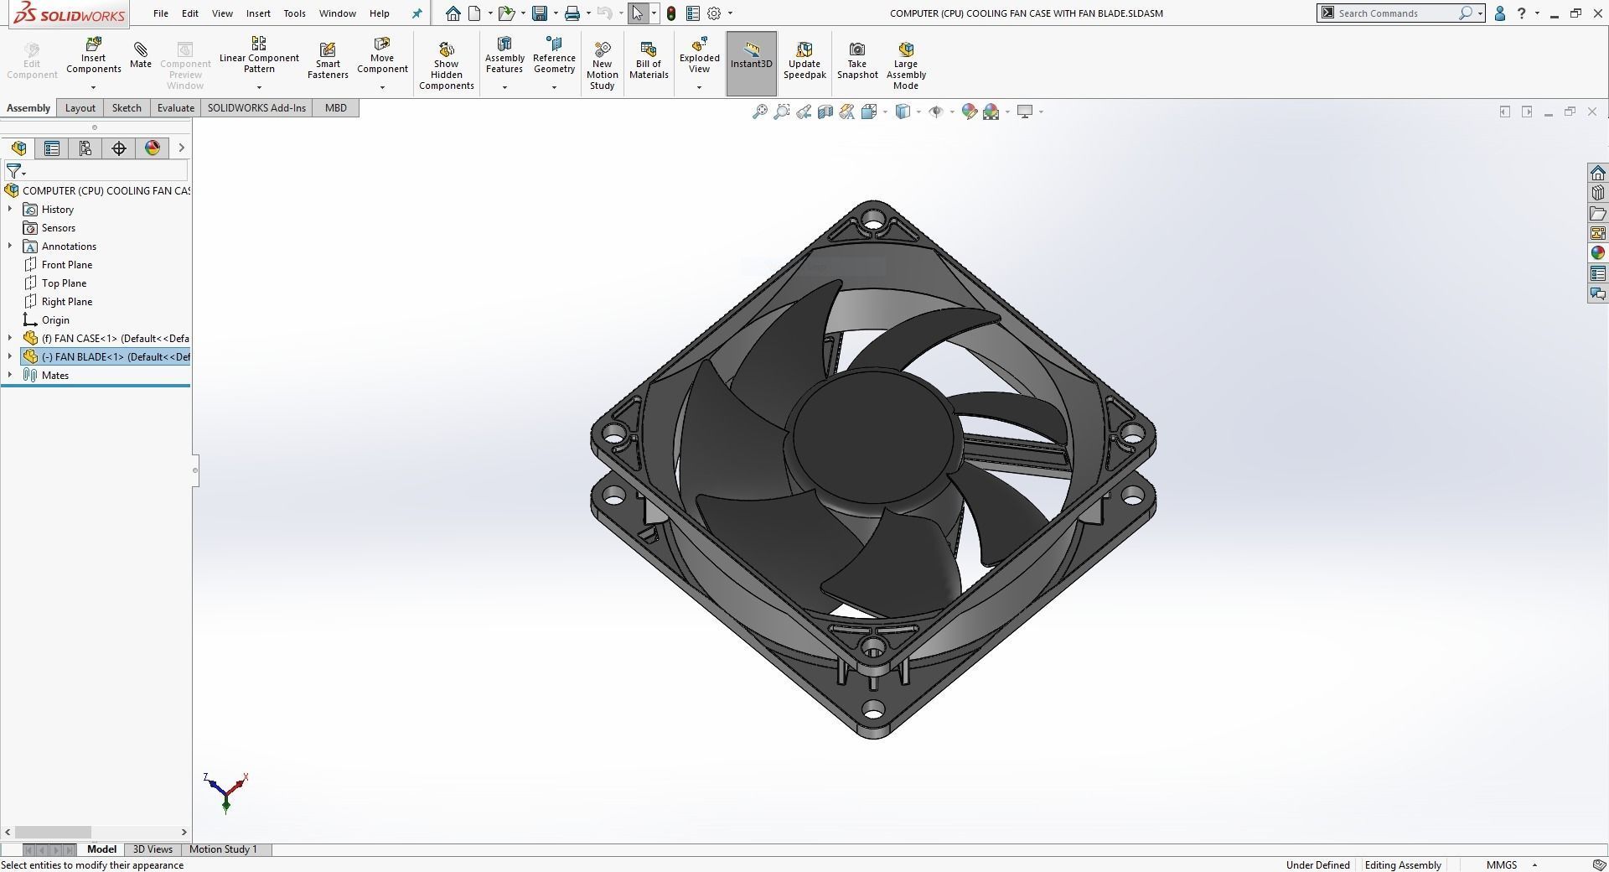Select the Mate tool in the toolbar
(x=141, y=54)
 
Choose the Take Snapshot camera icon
(x=856, y=50)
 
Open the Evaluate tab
(x=176, y=108)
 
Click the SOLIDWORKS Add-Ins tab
(x=256, y=108)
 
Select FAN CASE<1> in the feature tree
(x=115, y=339)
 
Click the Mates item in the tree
(x=55, y=376)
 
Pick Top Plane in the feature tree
(x=64, y=283)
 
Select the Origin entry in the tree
(x=55, y=320)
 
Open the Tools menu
(x=294, y=13)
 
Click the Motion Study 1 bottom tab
(x=223, y=849)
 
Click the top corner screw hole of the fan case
(x=874, y=222)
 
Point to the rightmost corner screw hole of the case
(x=1132, y=434)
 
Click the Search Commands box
(x=1395, y=13)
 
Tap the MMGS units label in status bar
(x=1501, y=865)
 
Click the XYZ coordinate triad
(x=225, y=792)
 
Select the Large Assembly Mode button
(x=905, y=63)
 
